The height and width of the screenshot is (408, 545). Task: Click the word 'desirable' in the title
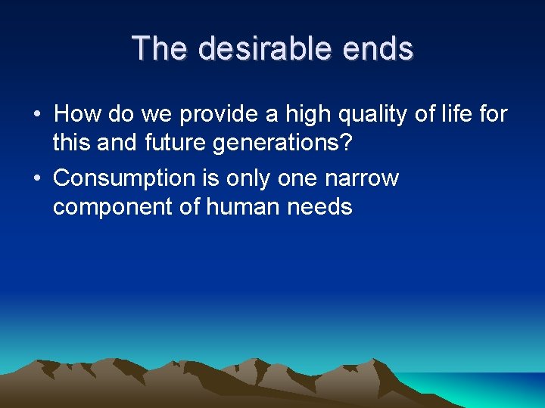click(266, 49)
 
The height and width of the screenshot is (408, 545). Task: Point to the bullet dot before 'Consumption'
click(36, 179)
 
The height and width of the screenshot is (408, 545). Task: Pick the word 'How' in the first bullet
click(73, 114)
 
